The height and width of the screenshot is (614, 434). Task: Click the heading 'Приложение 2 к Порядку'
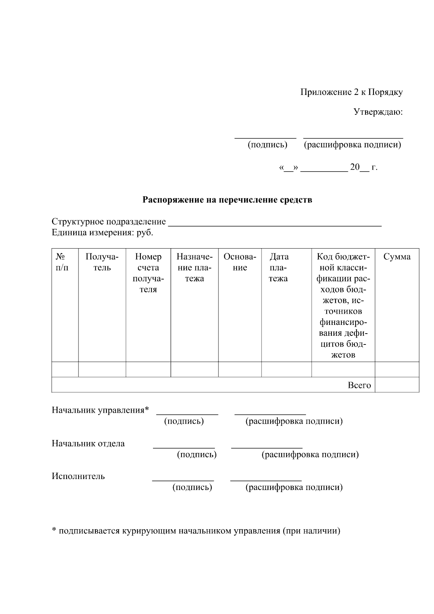click(352, 92)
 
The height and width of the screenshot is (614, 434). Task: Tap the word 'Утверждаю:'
click(378, 112)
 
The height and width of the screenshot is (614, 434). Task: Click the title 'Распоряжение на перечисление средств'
click(227, 200)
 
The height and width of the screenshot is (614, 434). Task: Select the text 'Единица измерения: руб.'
click(102, 233)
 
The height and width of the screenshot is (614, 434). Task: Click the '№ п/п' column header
click(62, 262)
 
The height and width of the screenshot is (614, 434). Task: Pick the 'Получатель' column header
click(102, 262)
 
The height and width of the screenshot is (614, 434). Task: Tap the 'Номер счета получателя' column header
click(148, 273)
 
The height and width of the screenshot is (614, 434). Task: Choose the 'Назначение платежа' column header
click(195, 268)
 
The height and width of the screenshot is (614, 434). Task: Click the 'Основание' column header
click(240, 262)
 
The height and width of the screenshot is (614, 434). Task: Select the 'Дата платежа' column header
click(279, 268)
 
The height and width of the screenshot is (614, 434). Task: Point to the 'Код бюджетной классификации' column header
click(343, 306)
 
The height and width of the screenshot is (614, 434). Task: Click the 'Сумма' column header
click(397, 257)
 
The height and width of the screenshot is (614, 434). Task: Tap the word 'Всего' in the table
click(359, 385)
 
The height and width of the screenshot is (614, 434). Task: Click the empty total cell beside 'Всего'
click(397, 385)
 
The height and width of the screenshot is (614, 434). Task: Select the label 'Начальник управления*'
click(100, 410)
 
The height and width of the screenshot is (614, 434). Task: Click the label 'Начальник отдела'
click(88, 444)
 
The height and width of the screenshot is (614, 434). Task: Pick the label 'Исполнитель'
click(78, 476)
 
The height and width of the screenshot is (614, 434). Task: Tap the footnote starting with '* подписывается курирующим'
click(196, 531)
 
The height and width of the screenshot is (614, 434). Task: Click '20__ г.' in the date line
click(363, 168)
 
